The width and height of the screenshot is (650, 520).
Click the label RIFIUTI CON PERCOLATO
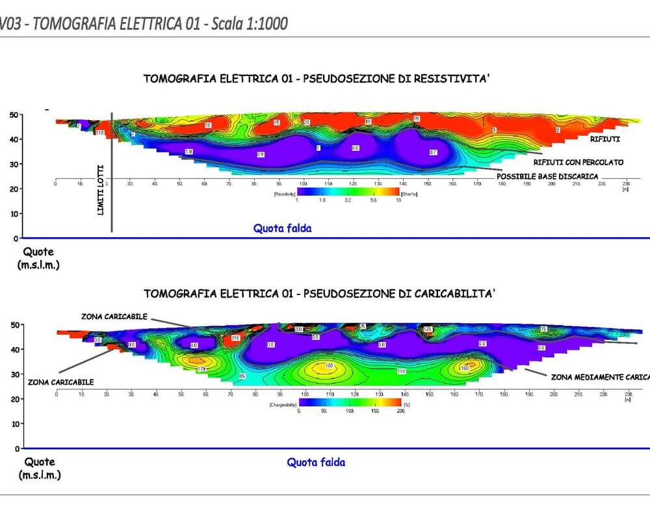tap(578, 162)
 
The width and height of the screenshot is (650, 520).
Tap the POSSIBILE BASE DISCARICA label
tap(547, 176)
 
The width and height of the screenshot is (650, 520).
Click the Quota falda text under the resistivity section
tap(282, 228)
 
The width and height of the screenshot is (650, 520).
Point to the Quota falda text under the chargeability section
tap(316, 462)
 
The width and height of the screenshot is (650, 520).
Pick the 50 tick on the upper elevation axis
tap(14, 115)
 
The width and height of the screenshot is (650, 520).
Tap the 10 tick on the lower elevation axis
tap(14, 424)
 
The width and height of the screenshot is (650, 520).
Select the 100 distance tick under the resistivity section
tap(304, 185)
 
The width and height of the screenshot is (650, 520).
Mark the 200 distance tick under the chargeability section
tap(551, 395)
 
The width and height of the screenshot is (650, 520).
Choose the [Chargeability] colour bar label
tap(282, 404)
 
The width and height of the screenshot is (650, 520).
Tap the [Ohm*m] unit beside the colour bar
tap(410, 193)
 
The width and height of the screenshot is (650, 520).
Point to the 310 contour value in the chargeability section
tap(235, 339)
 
